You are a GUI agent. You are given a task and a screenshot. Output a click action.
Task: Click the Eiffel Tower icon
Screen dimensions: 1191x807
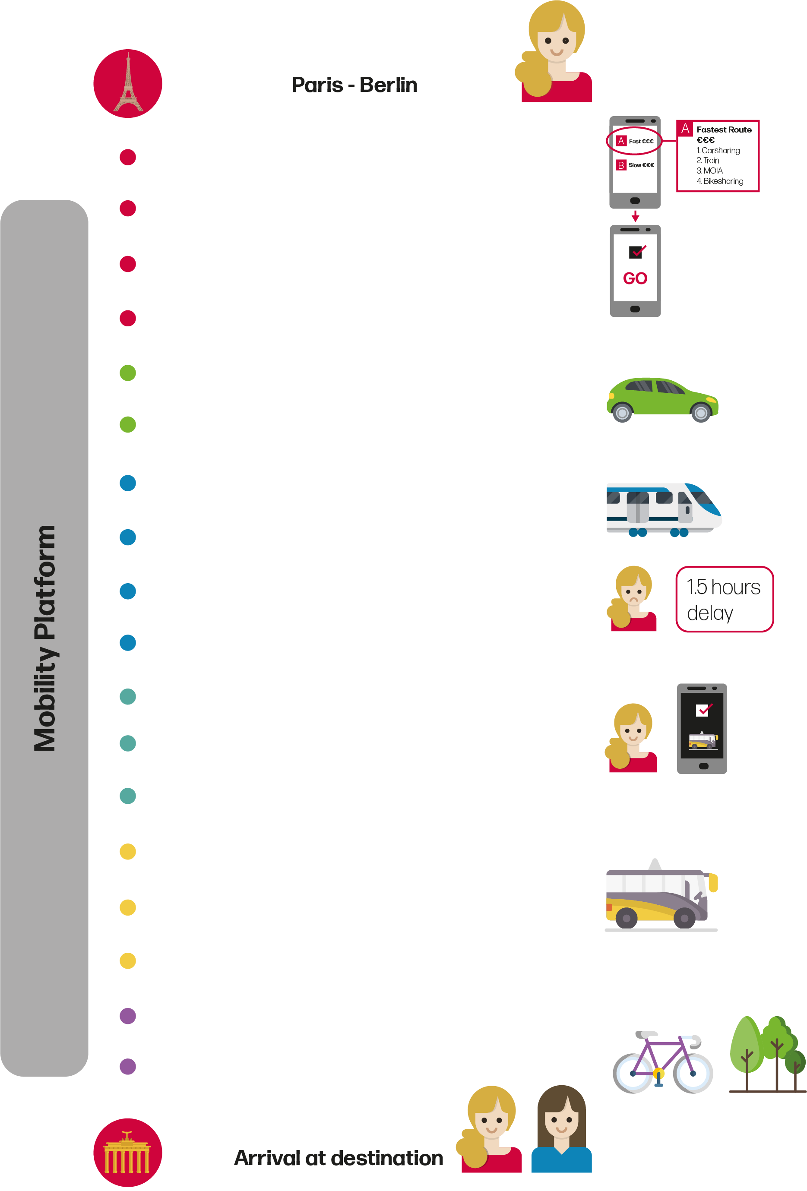pos(128,84)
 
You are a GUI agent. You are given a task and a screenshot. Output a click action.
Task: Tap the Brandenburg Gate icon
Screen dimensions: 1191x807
pos(128,1152)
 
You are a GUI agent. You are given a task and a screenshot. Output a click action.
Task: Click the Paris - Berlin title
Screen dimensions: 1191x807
pos(354,85)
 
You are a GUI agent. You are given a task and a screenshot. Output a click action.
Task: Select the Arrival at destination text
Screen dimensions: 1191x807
pos(339,1158)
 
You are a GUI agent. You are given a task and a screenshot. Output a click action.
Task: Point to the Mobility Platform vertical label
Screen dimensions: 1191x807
pos(44,638)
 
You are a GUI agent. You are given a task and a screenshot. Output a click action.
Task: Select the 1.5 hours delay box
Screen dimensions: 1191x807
pos(724,599)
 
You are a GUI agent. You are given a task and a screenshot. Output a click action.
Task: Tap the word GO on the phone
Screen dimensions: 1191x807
pos(635,279)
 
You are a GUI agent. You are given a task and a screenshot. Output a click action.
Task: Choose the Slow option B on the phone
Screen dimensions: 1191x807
pos(635,165)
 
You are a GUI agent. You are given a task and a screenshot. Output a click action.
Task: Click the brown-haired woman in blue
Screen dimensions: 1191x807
pos(561,1130)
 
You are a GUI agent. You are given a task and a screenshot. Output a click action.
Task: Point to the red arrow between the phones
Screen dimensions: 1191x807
pos(635,216)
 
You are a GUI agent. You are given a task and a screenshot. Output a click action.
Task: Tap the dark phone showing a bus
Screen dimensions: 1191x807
pos(701,728)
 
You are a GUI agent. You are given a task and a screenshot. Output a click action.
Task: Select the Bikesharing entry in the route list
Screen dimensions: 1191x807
pos(720,181)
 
